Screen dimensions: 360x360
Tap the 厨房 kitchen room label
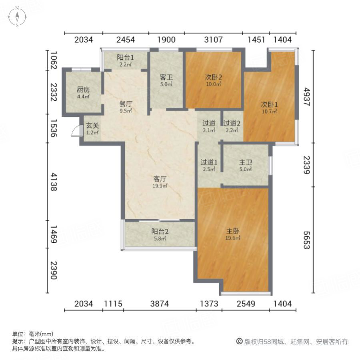coord(83,93)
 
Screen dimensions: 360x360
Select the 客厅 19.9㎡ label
coord(160,182)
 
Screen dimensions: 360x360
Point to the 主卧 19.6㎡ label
coord(233,234)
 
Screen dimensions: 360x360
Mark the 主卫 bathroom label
coord(245,166)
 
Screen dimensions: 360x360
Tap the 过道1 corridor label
coord(209,166)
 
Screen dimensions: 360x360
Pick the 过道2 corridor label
coord(232,126)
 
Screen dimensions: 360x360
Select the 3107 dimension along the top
coord(213,40)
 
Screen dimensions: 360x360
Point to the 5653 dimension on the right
coord(307,240)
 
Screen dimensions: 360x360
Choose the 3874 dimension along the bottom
coord(160,304)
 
